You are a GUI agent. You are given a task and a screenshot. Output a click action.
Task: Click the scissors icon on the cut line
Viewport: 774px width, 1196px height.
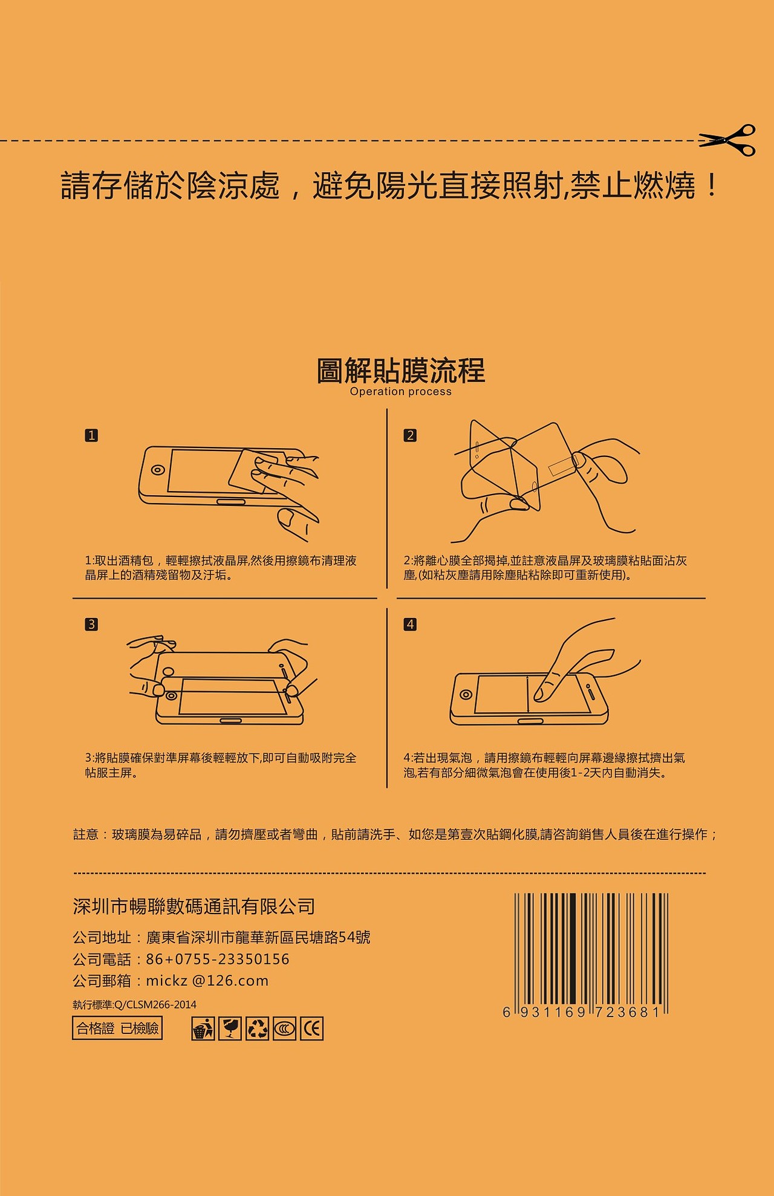click(x=728, y=140)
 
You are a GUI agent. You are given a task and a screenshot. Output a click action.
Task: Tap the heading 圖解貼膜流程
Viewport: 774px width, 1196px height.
click(x=400, y=371)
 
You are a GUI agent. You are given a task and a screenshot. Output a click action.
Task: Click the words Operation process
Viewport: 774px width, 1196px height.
click(x=400, y=392)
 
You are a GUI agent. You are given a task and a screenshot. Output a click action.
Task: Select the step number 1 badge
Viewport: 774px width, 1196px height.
click(x=91, y=435)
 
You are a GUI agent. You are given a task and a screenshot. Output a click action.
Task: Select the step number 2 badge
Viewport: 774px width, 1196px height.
click(x=410, y=435)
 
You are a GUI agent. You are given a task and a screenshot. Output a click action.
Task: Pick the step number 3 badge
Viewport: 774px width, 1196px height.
click(x=91, y=624)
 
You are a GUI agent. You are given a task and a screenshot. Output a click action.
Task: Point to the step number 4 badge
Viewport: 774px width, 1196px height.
click(x=410, y=624)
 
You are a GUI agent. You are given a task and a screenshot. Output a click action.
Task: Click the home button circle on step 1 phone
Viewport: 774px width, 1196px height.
click(x=158, y=470)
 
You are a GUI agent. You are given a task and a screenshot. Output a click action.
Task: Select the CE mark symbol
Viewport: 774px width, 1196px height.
click(x=312, y=1029)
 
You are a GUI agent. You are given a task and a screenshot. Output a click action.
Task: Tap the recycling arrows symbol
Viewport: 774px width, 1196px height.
click(x=257, y=1029)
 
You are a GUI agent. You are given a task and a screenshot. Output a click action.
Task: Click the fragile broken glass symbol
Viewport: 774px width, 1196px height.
click(x=230, y=1029)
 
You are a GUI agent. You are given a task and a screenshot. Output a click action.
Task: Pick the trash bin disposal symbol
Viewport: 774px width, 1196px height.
click(x=203, y=1029)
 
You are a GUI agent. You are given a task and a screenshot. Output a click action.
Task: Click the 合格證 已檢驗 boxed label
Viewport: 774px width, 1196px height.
click(x=117, y=1029)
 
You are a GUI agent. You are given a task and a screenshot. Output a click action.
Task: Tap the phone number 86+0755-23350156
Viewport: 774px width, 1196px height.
click(x=218, y=960)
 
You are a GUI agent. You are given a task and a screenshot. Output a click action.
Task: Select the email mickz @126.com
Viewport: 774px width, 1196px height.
click(x=207, y=981)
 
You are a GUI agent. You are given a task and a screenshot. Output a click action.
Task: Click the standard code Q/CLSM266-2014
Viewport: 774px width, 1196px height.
click(x=155, y=1005)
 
